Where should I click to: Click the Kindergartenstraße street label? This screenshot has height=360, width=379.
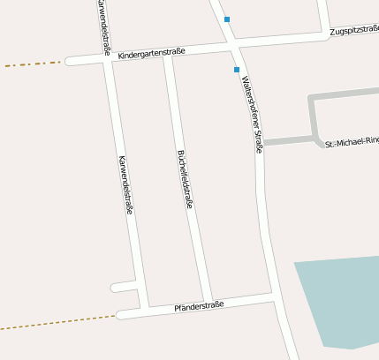pos(151,53)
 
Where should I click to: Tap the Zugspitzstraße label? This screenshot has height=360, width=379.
pos(353,31)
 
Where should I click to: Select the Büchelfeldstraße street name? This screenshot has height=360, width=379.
pos(186,177)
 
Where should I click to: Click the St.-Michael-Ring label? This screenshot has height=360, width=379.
pos(352,143)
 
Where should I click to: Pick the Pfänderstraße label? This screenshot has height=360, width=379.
pos(199,305)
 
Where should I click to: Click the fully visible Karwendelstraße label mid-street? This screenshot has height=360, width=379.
pos(125,185)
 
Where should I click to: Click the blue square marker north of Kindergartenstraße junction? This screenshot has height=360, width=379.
pos(227,19)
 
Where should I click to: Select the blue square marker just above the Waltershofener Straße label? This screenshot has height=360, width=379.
pos(236,69)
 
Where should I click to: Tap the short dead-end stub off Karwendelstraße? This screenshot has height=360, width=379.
pos(122,287)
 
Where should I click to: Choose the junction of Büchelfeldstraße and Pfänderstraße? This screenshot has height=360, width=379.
pos(208,302)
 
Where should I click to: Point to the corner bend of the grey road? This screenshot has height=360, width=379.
pos(311,96)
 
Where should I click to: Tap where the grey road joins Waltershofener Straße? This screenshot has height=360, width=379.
pos(263,142)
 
